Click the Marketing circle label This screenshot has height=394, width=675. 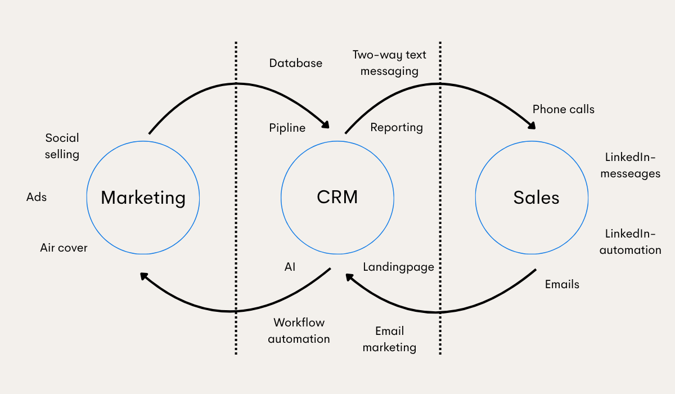click(x=143, y=198)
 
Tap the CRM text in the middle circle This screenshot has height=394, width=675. click(x=337, y=197)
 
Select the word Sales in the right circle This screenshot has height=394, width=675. click(x=536, y=198)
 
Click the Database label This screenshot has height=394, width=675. click(x=296, y=63)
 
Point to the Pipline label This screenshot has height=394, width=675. click(x=287, y=128)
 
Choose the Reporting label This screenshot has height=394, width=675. click(x=397, y=127)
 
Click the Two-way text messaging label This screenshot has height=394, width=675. click(x=389, y=63)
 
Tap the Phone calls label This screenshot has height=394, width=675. click(x=563, y=109)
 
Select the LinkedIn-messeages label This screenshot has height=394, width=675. click(x=630, y=165)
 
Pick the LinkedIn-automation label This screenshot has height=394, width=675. click(x=630, y=242)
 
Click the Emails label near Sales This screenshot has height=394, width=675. click(x=562, y=284)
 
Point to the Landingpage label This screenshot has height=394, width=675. click(x=398, y=267)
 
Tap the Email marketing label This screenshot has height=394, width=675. click(x=389, y=339)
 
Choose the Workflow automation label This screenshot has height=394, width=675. click(x=299, y=331)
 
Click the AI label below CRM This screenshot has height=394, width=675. click(x=290, y=267)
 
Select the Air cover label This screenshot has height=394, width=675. click(x=64, y=248)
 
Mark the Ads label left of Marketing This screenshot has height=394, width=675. click(x=37, y=197)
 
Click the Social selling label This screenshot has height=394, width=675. click(x=62, y=146)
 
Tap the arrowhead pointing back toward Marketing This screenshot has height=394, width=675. click(x=145, y=276)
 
